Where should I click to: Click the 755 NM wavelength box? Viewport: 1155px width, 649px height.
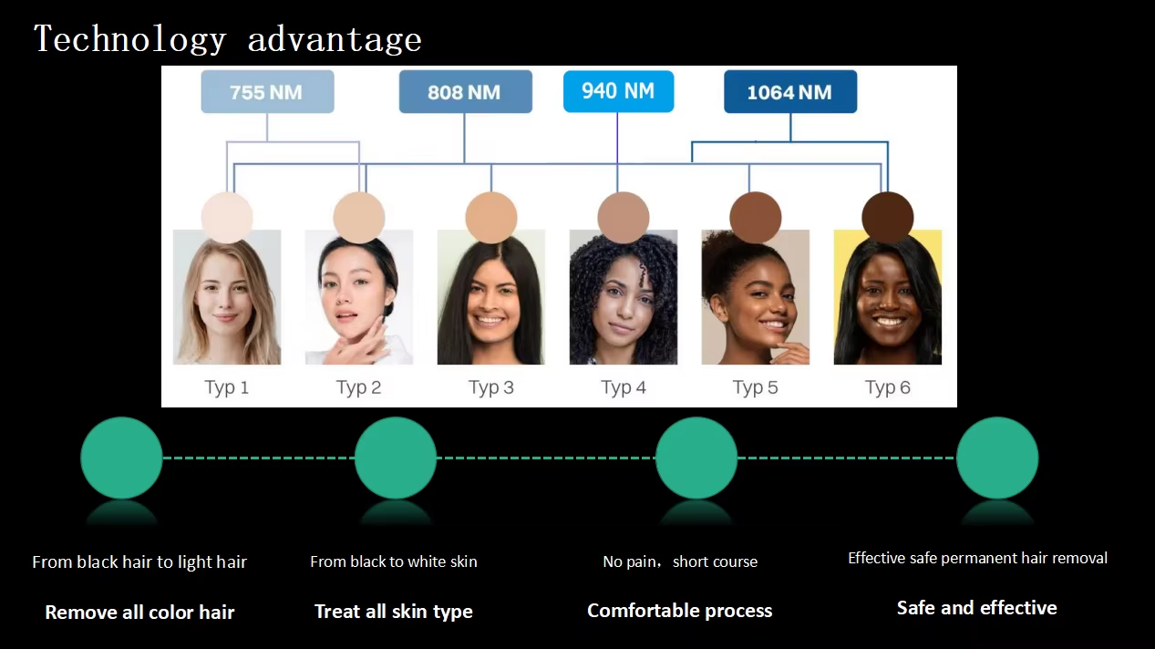[267, 92]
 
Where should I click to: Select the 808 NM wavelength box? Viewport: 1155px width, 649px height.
[465, 92]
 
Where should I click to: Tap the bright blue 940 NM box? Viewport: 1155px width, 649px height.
[618, 91]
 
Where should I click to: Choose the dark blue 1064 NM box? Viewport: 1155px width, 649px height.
[790, 92]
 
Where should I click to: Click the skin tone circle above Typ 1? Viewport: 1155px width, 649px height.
[227, 218]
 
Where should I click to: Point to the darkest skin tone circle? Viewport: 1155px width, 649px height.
[887, 218]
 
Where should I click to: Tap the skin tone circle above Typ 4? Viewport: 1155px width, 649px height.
[624, 218]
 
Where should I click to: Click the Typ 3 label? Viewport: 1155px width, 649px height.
[490, 387]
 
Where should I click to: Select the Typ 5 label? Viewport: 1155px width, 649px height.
[755, 387]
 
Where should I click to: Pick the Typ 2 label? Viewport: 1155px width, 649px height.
[358, 387]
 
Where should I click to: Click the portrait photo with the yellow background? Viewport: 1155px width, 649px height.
[887, 297]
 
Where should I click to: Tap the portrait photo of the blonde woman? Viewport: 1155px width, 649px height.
[227, 297]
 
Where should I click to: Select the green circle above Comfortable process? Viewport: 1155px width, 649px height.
[696, 458]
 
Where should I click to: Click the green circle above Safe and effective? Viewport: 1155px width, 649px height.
[997, 458]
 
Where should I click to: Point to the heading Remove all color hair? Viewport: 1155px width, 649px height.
[139, 613]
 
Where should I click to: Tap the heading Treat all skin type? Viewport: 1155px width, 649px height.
[394, 612]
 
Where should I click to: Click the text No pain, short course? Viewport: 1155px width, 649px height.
[680, 561]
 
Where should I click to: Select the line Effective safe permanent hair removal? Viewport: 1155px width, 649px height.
[977, 558]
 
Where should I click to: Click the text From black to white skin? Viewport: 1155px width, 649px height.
[394, 561]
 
